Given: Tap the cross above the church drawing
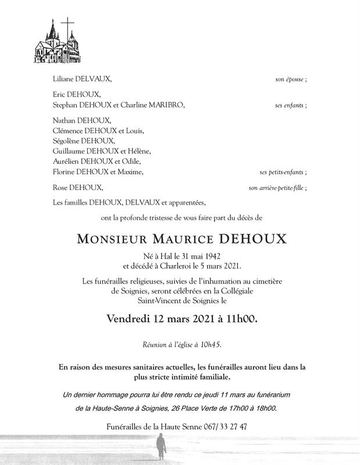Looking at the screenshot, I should coord(69,26).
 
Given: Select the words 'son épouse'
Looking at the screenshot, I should coord(291,78).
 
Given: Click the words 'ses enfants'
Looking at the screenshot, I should coord(291,105).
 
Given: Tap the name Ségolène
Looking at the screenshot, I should coord(67,141).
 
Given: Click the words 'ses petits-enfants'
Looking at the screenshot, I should coord(283,172).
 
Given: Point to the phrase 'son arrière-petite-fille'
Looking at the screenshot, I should coord(277,188).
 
